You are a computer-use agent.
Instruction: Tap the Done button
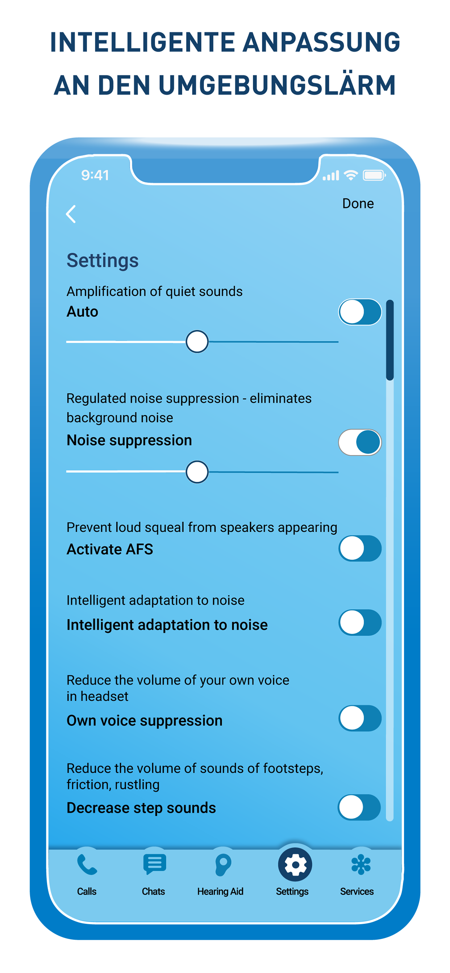click(x=358, y=203)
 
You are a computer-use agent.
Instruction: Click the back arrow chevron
click(x=71, y=214)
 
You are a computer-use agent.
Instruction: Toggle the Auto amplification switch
click(x=360, y=312)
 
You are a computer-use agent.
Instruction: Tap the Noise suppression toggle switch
click(x=360, y=442)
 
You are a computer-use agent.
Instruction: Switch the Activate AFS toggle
click(x=360, y=548)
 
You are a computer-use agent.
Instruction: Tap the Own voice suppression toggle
click(x=360, y=718)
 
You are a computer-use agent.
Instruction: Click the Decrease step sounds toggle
click(x=359, y=807)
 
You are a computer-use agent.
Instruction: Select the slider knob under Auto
click(x=197, y=341)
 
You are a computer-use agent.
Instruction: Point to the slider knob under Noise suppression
click(x=197, y=472)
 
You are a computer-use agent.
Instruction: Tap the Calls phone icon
click(x=87, y=865)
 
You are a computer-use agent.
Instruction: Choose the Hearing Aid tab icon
click(x=223, y=865)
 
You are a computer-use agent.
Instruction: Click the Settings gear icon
click(x=295, y=865)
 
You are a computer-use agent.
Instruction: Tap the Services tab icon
click(x=361, y=865)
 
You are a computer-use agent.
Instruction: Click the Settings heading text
click(x=103, y=261)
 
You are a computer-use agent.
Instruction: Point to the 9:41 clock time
click(x=95, y=175)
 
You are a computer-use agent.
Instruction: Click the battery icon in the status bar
click(x=374, y=175)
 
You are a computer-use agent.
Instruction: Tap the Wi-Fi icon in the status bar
click(x=351, y=175)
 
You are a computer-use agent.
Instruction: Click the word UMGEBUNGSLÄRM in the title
click(x=277, y=85)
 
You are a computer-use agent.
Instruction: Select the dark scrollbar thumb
click(x=390, y=340)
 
